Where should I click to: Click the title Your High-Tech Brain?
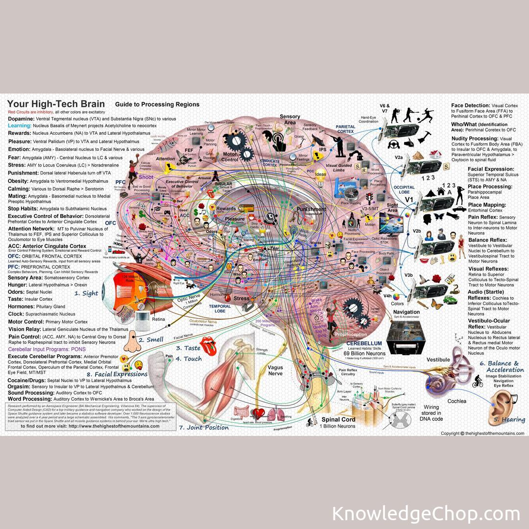coord(56,104)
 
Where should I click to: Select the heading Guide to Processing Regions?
coord(157,104)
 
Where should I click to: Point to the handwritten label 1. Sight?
coord(86,293)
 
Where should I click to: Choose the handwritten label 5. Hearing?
coord(509,419)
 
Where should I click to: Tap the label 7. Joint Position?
coord(204,428)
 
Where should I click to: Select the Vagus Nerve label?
coord(276,370)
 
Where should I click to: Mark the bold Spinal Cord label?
coord(338,420)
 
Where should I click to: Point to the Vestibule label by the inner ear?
coord(438,360)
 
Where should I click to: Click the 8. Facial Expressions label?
coord(117,374)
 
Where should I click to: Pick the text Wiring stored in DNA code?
coord(432,413)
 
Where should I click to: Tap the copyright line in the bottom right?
coord(482,433)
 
